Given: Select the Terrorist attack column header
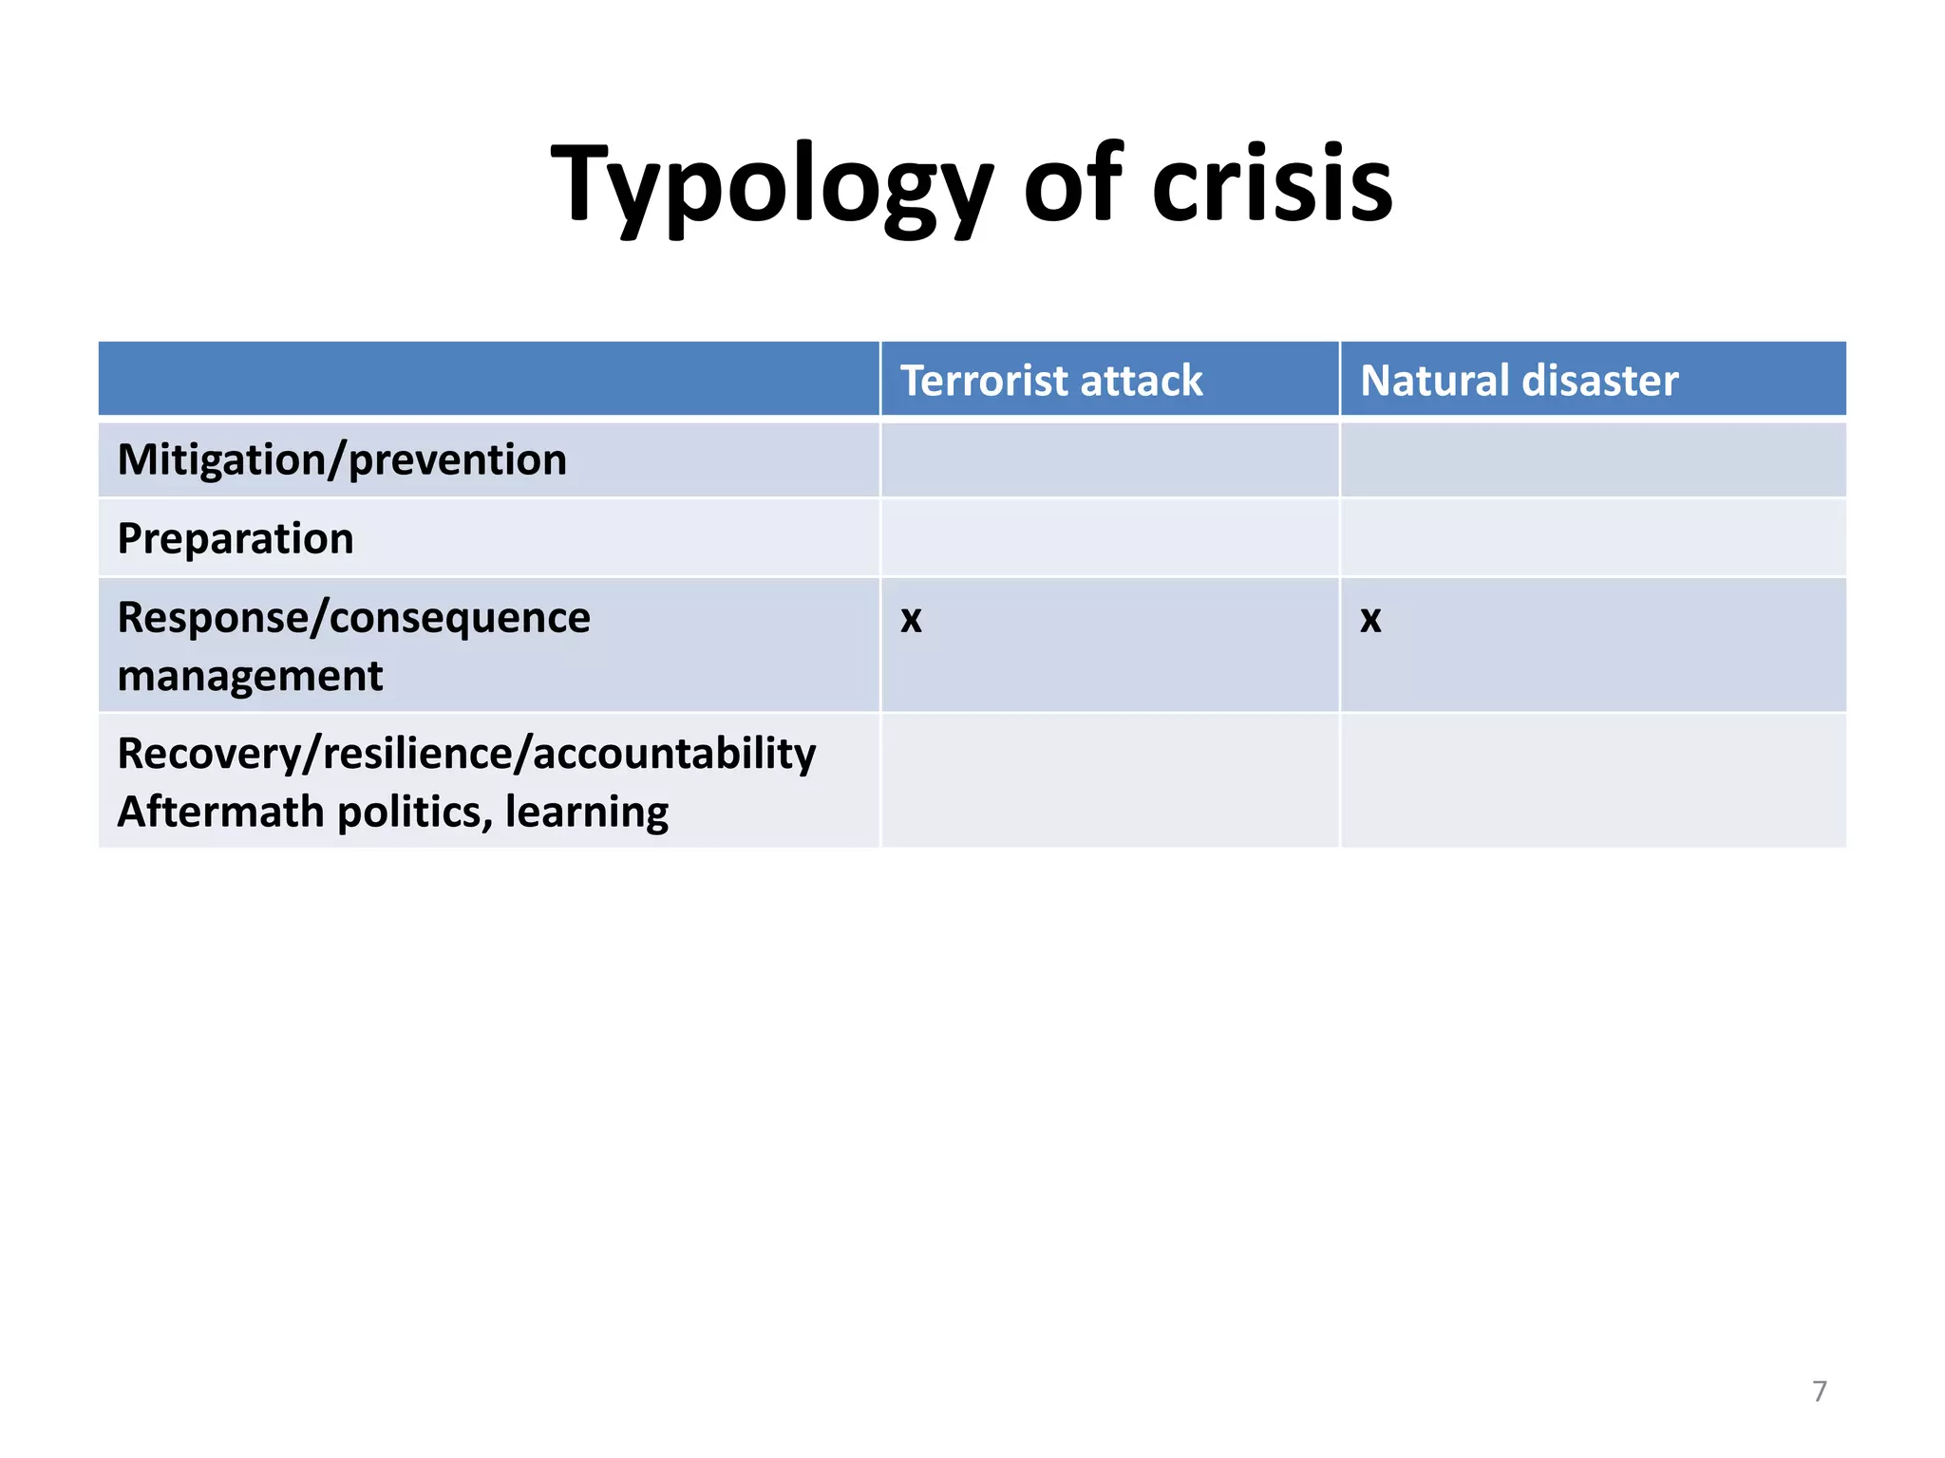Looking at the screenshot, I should (1051, 381).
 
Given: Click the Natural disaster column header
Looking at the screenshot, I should (1519, 381).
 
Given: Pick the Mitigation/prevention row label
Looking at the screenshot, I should (342, 460).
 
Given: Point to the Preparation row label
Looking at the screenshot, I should (236, 539).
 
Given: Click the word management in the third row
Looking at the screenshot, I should (250, 677).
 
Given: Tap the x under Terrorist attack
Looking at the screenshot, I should (911, 619).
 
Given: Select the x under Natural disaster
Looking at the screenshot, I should (1370, 619).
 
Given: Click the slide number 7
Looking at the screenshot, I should (1819, 1391).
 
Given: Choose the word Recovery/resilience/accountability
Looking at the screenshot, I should (466, 754).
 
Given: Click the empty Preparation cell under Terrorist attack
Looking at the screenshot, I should (1109, 538).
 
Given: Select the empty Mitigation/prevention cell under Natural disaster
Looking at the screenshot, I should (1593, 460).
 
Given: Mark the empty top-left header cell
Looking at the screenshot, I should (488, 379).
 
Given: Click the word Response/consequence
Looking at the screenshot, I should (353, 618).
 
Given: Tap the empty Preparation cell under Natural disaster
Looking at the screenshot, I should (1593, 538).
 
